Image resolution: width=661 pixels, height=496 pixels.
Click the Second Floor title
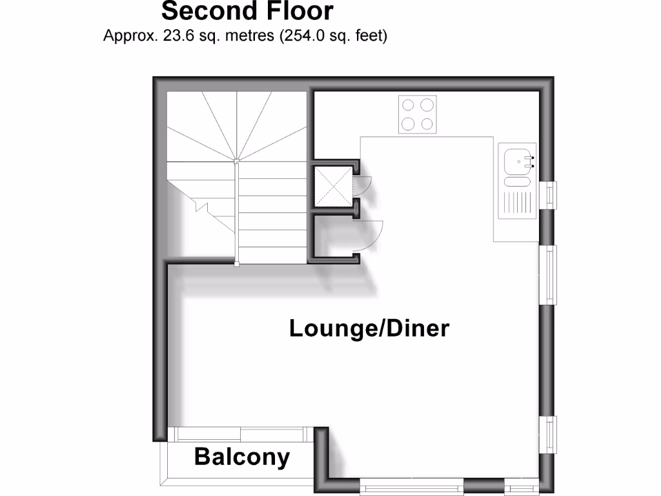coord(247,11)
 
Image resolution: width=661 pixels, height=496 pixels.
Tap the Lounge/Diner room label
coord(369,328)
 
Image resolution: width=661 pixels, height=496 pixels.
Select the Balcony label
coord(242,457)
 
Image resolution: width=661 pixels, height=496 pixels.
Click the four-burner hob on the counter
coord(418,114)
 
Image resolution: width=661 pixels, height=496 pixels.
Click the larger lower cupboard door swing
coord(369,235)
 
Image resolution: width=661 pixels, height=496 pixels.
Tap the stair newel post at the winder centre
coord(236,160)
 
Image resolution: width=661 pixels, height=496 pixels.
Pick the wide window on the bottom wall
coord(411,486)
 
